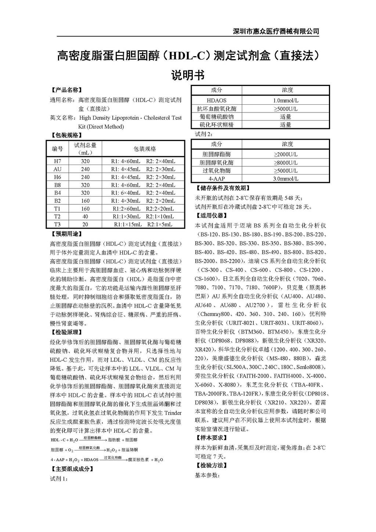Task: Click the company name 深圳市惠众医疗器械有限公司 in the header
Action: [x=276, y=31]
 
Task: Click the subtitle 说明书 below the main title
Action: [x=188, y=75]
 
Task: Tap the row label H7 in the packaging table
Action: [x=58, y=161]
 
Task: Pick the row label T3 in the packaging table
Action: [x=58, y=224]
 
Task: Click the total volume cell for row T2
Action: [x=85, y=216]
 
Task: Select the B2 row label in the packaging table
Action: [x=58, y=201]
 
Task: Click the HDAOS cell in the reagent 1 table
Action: [x=217, y=100]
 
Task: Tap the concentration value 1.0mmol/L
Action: [x=286, y=100]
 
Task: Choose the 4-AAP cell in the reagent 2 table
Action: [x=217, y=179]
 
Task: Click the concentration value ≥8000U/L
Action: [x=286, y=163]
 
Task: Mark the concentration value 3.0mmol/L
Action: [x=286, y=179]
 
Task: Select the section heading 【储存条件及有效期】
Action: [x=223, y=188]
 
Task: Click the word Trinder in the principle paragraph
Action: [x=172, y=413]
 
